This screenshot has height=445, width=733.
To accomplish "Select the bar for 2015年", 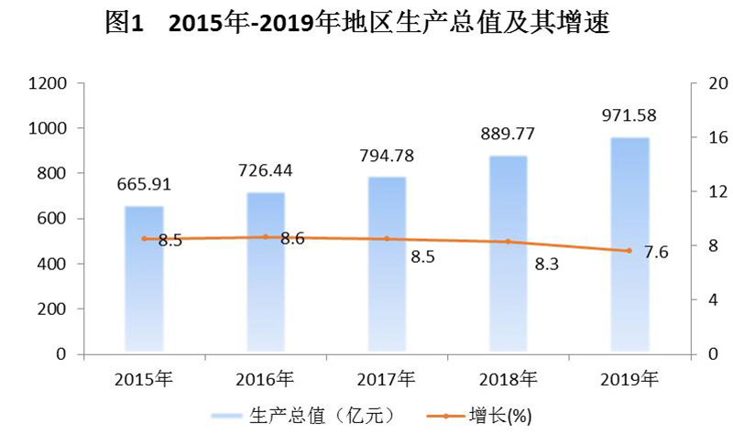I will (x=144, y=278).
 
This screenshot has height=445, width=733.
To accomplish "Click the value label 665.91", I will (x=144, y=185).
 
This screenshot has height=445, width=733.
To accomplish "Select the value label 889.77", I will (x=508, y=134).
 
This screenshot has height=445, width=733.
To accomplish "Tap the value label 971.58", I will (x=629, y=115).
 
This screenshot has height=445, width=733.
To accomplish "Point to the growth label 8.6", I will (x=292, y=239).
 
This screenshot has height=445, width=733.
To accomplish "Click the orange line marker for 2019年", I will (x=629, y=251).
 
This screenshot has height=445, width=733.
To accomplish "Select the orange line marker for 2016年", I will (x=266, y=236).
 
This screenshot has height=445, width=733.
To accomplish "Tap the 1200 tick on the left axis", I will (x=49, y=84).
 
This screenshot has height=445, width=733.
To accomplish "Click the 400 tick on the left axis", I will (x=53, y=264).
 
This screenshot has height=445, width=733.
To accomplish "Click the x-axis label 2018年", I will (x=508, y=377).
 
